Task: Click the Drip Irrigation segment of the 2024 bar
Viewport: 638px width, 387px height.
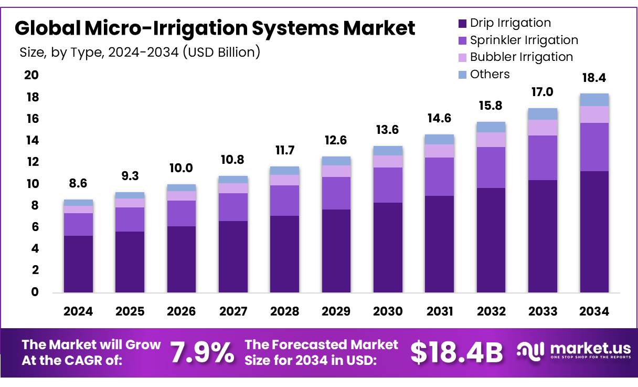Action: point(78,264)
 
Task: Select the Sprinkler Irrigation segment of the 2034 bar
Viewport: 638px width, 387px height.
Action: point(594,147)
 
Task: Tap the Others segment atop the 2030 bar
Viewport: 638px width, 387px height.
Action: point(388,151)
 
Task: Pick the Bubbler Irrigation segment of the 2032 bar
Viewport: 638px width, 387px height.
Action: point(491,140)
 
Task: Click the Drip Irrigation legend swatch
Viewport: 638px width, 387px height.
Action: point(462,24)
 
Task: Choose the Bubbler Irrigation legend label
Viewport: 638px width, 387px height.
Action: point(521,57)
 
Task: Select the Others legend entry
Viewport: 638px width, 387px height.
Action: point(490,74)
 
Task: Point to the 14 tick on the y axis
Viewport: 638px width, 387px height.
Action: point(32,141)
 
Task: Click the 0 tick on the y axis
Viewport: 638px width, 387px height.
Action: point(35,292)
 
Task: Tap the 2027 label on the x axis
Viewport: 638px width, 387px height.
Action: point(233,311)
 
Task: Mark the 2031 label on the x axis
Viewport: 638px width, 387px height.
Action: point(439,311)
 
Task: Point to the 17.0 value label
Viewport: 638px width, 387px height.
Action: point(543,92)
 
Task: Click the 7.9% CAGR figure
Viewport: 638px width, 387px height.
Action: point(203,352)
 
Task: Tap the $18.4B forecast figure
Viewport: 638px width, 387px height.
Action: point(456,352)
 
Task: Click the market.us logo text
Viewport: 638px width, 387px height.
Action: point(584,349)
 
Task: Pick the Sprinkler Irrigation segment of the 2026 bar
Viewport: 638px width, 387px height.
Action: point(182,213)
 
